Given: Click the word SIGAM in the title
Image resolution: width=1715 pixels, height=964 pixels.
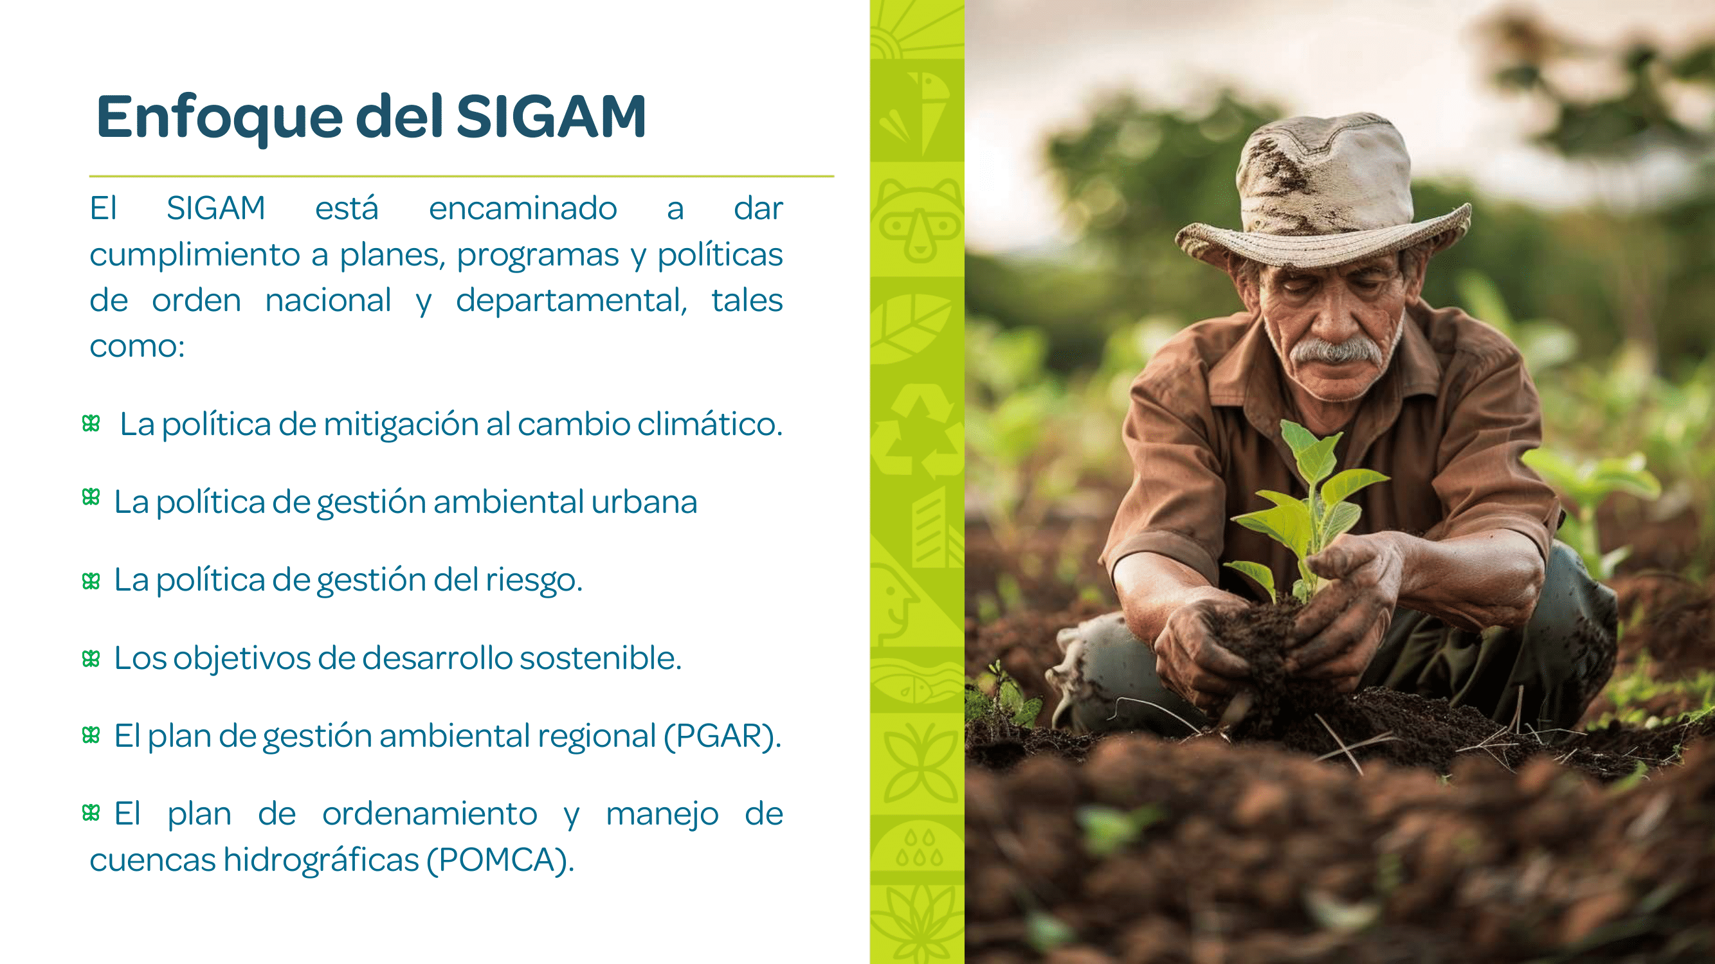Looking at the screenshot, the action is (551, 116).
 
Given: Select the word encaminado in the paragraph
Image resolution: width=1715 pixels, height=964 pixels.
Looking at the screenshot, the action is (523, 208).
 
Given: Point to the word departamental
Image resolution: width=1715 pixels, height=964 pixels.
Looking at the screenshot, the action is (571, 301).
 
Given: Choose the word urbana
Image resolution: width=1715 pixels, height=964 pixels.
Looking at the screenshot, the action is (644, 502).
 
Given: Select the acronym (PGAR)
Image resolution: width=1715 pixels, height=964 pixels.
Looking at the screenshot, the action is (722, 736).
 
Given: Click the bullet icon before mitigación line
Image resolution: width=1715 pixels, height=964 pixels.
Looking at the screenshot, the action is (91, 423).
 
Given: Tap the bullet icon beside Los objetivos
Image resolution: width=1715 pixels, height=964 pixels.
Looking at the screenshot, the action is (91, 659).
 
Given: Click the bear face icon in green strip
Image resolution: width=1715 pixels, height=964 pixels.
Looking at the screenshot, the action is (918, 220).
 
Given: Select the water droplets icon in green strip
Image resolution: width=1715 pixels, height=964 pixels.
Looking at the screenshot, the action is (919, 848).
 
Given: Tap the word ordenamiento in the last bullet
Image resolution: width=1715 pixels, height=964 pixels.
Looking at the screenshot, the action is (430, 814).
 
